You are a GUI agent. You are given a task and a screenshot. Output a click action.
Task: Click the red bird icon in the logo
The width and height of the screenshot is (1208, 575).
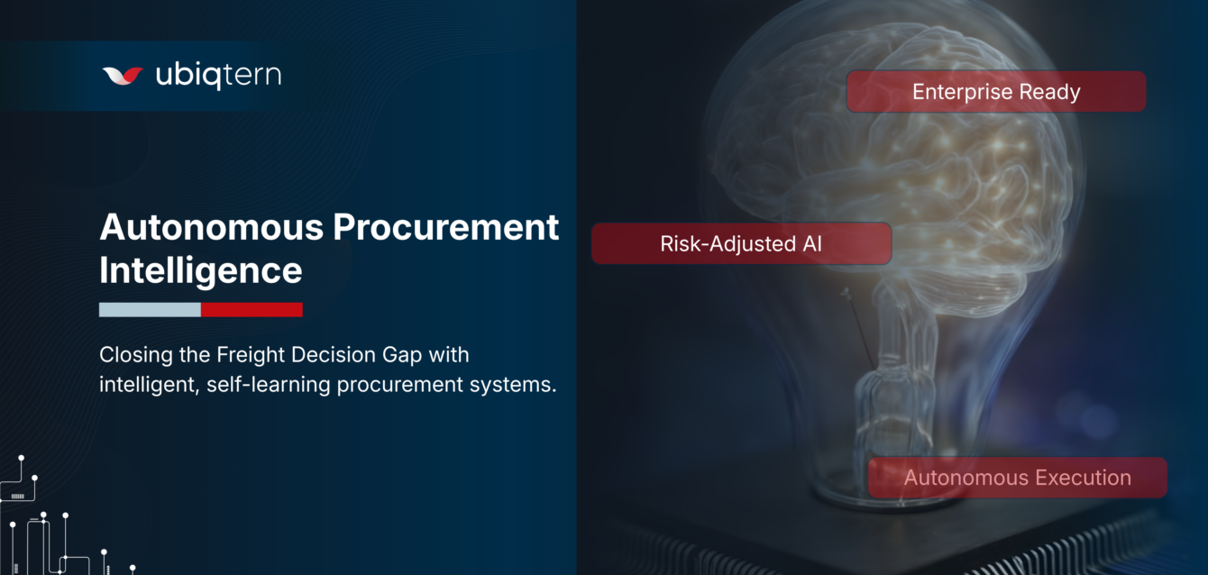point(123,76)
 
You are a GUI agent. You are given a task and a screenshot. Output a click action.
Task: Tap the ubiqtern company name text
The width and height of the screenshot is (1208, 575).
point(218,75)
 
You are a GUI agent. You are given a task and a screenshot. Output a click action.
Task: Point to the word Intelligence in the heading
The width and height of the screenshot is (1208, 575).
point(200,270)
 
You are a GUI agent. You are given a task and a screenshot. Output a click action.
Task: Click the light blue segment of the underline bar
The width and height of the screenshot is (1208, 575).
point(150,310)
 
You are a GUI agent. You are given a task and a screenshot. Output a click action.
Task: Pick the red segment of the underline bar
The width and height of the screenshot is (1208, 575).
point(252,310)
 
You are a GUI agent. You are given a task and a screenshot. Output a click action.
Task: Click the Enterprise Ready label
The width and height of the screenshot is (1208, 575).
point(995,92)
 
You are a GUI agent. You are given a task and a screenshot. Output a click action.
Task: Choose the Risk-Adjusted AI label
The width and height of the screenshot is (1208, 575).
point(741,243)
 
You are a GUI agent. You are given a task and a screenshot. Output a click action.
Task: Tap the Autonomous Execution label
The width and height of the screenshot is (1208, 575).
point(1017,478)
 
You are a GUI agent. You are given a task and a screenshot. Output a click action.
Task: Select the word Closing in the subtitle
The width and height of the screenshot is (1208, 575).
point(134,353)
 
